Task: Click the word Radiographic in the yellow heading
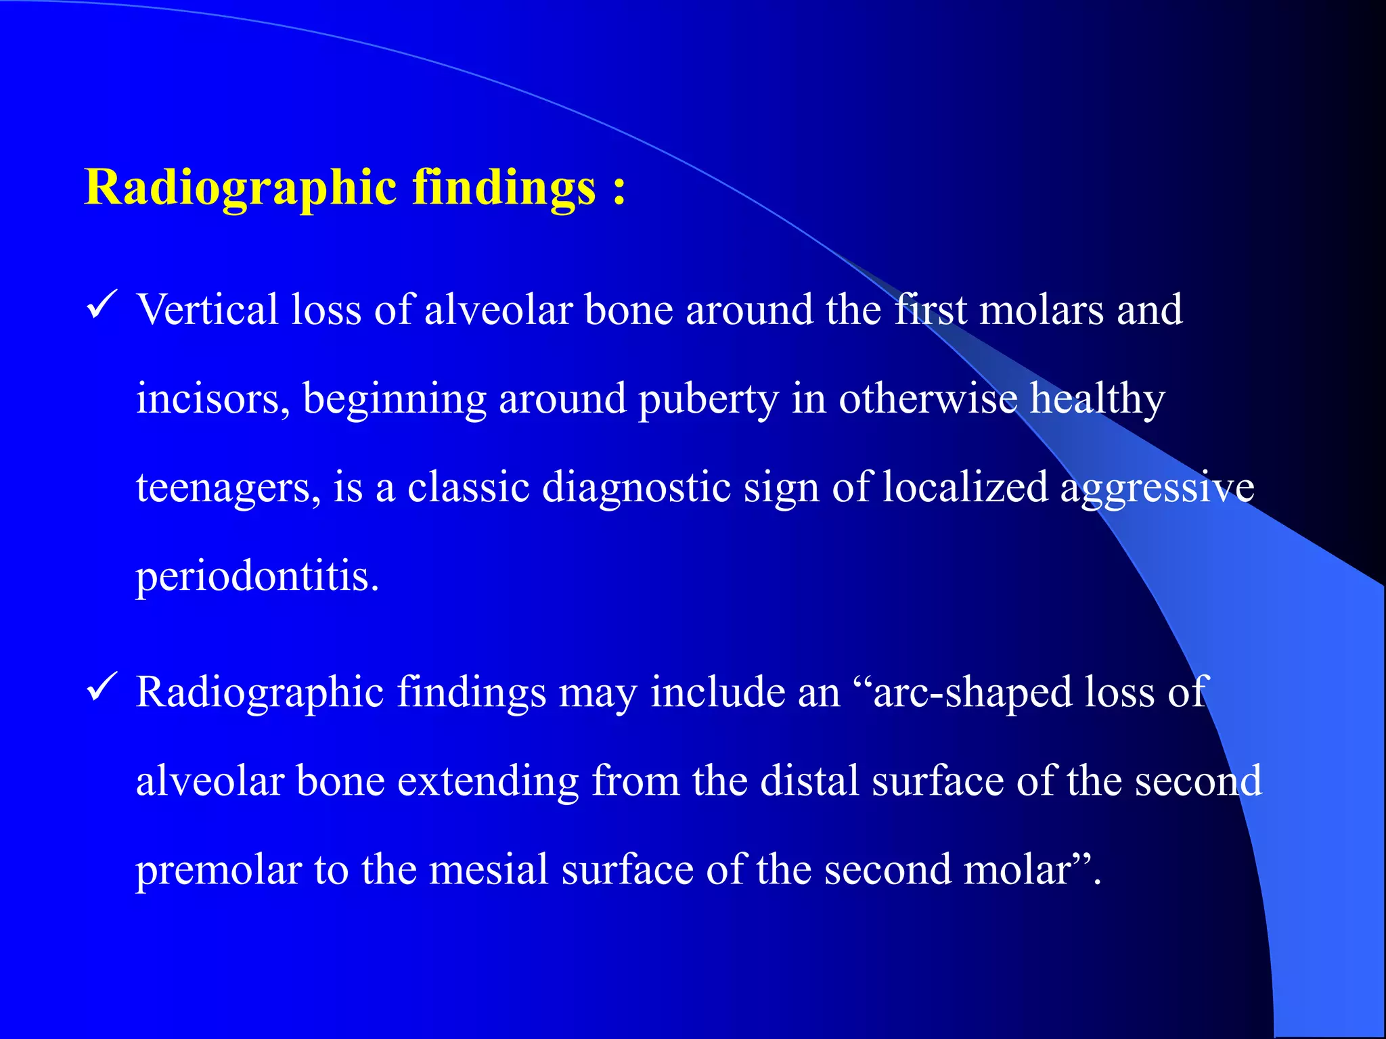point(240,187)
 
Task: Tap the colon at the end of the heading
point(619,189)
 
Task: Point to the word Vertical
point(208,310)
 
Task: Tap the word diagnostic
point(637,488)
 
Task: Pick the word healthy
point(1097,399)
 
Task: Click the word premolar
point(219,871)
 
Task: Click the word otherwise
point(928,399)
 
